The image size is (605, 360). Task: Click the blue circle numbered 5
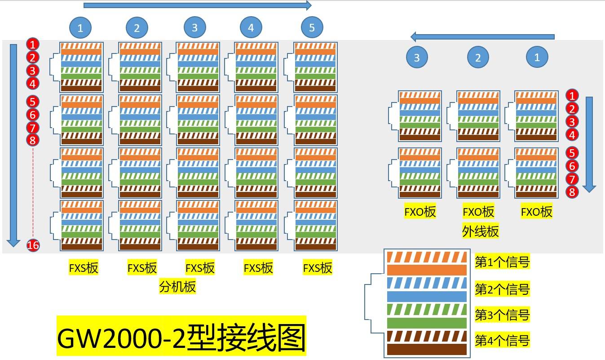(312, 28)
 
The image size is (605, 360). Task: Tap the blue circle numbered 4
(251, 28)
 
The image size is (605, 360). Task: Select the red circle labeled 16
(33, 245)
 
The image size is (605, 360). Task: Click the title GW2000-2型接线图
(181, 336)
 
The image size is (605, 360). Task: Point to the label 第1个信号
(502, 262)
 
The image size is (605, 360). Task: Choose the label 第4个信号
(502, 340)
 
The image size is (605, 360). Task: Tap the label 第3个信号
(502, 315)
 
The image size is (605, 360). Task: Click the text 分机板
(178, 286)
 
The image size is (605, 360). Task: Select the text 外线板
(480, 231)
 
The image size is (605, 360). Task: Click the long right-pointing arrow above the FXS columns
(197, 5)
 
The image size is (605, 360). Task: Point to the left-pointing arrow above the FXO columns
(483, 37)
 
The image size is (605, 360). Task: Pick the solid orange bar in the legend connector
(427, 270)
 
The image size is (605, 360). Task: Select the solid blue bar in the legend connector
(427, 297)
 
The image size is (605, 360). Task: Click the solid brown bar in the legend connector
(427, 349)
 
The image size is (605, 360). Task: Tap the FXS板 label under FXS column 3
(200, 268)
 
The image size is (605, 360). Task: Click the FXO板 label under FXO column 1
(536, 212)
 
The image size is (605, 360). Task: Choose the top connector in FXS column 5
(315, 67)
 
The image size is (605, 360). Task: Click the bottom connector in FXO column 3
(420, 173)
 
